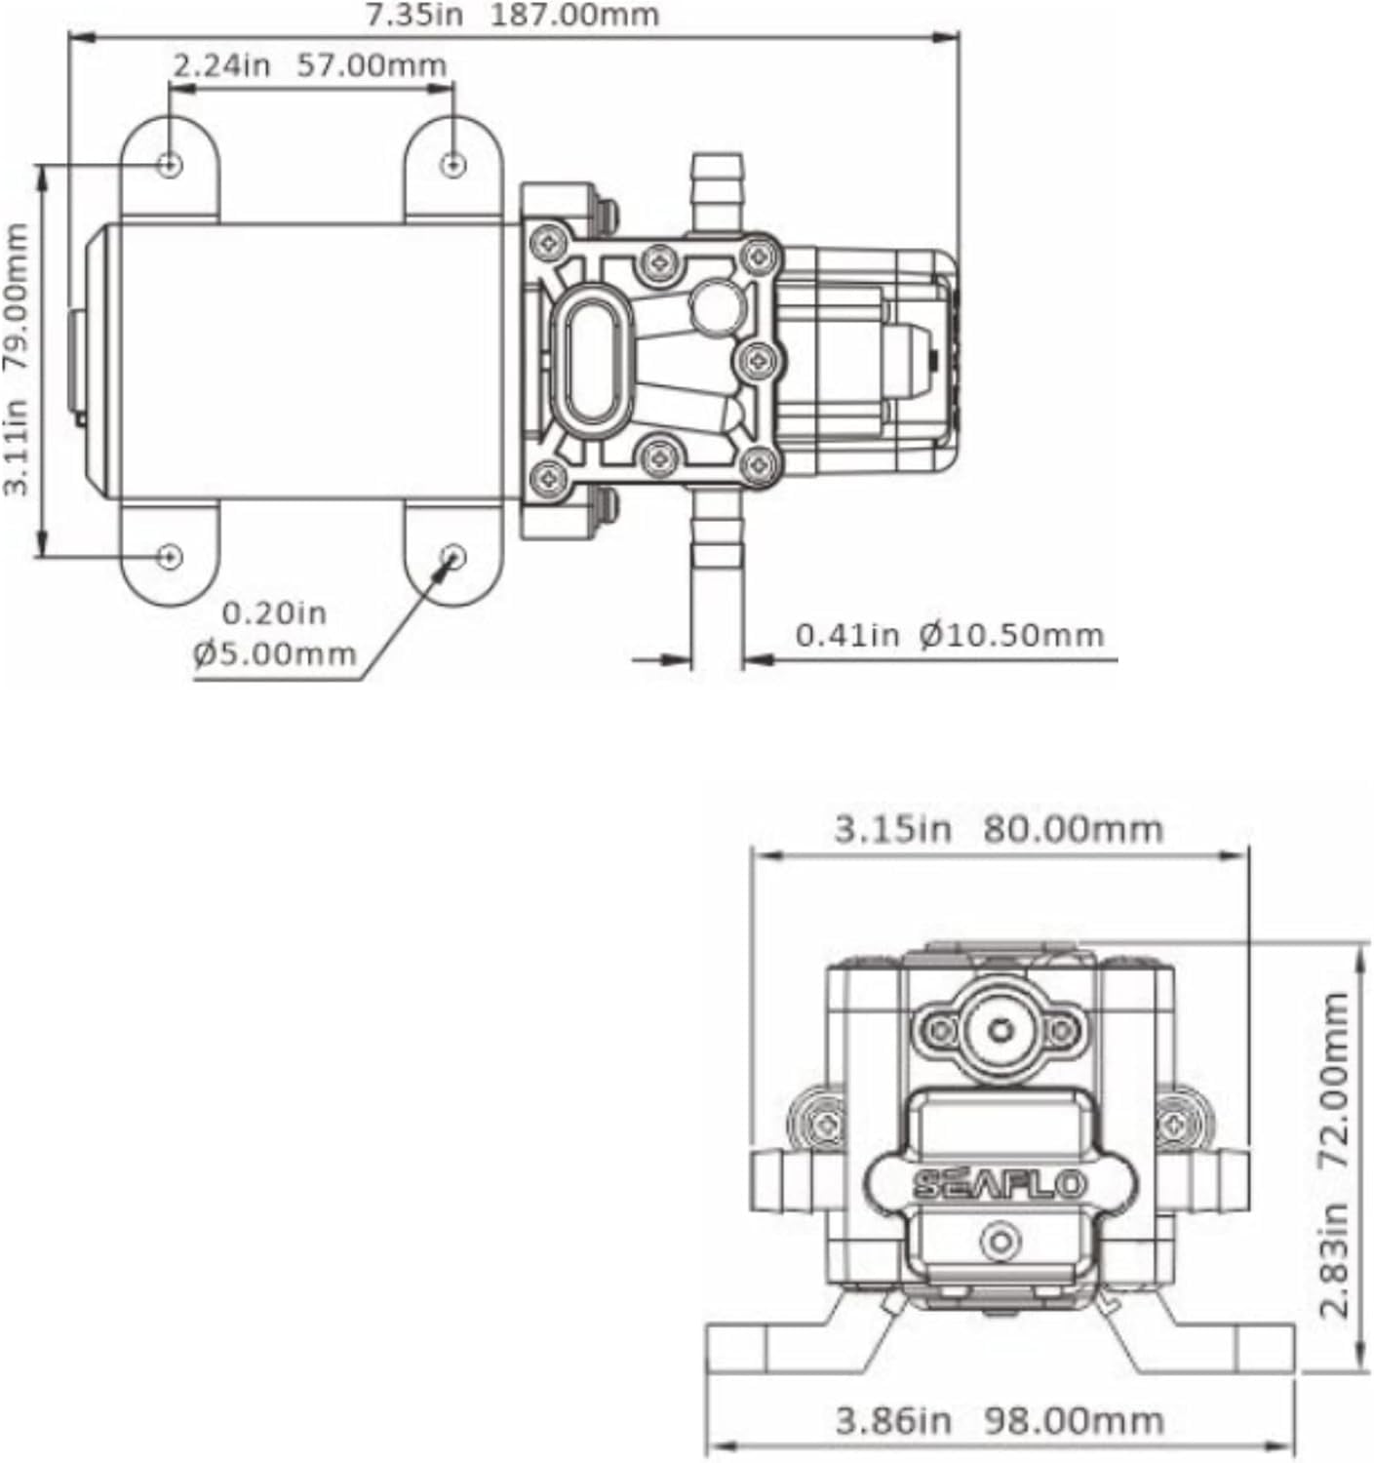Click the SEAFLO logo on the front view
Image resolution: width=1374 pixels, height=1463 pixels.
click(x=1000, y=1184)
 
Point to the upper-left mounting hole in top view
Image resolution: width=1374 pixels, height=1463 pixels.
click(x=170, y=165)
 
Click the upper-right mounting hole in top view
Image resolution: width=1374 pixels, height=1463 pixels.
click(x=453, y=165)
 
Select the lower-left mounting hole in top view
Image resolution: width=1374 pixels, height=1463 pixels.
click(x=170, y=556)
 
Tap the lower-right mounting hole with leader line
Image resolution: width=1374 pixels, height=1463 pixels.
click(x=453, y=556)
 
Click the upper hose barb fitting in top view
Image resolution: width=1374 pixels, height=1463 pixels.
click(x=717, y=190)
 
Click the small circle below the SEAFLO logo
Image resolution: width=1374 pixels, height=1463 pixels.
click(x=1000, y=1242)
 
